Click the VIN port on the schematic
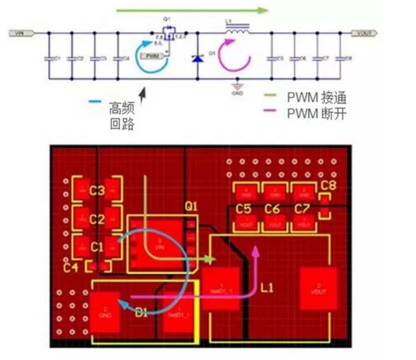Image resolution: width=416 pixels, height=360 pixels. click(x=21, y=33)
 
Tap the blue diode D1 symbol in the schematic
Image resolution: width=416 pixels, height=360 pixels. click(x=196, y=58)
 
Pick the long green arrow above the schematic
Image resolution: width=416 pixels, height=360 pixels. click(x=192, y=9)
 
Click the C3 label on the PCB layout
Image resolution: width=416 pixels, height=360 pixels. click(x=97, y=191)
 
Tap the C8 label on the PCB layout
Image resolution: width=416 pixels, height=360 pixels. click(x=329, y=185)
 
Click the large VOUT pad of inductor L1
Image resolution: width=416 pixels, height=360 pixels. click(x=318, y=288)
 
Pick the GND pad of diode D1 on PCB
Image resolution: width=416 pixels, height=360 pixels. click(x=104, y=312)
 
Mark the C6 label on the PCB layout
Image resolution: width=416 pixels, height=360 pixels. click(x=272, y=209)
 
